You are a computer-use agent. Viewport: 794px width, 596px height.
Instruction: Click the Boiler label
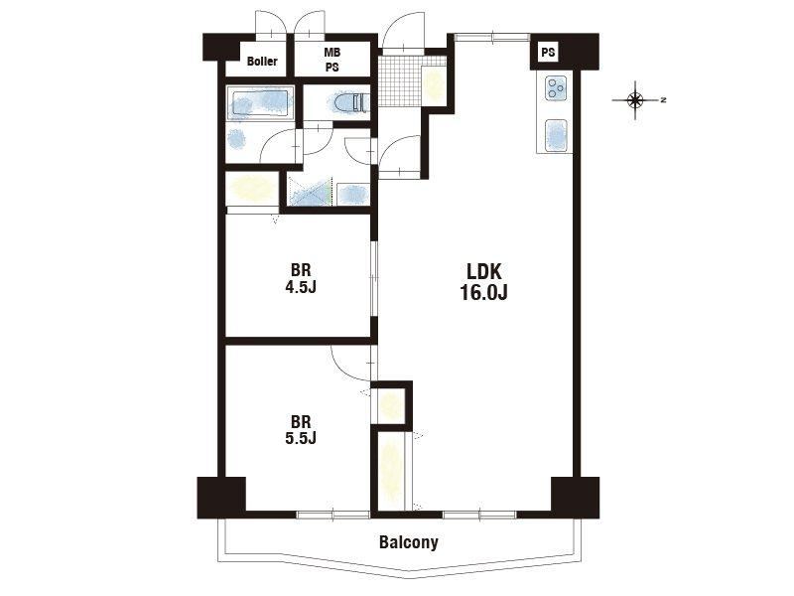[x=262, y=62]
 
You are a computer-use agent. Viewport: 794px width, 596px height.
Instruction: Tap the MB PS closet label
[x=332, y=60]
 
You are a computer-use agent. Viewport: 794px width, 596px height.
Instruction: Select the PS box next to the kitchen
[x=548, y=53]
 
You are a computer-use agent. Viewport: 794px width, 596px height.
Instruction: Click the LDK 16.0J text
[x=483, y=282]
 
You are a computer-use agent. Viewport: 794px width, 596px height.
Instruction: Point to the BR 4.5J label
[x=301, y=278]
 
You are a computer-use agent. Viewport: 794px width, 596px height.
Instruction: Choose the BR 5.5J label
[x=301, y=429]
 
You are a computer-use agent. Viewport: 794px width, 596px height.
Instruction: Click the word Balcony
[x=409, y=542]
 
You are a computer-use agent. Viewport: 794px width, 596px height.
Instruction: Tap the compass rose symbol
[x=636, y=100]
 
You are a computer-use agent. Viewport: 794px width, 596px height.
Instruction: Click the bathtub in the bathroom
[x=260, y=104]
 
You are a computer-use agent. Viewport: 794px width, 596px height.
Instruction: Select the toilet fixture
[x=351, y=102]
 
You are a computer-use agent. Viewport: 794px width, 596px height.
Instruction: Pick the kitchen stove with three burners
[x=556, y=88]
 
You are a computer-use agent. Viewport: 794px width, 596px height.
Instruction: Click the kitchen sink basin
[x=556, y=135]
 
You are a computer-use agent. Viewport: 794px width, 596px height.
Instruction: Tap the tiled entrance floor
[x=400, y=81]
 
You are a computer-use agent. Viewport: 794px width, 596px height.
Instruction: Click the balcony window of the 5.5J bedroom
[x=333, y=515]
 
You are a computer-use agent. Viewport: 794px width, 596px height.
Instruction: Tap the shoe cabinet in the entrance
[x=434, y=84]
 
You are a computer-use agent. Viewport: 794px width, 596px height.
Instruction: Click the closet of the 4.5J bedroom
[x=252, y=189]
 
